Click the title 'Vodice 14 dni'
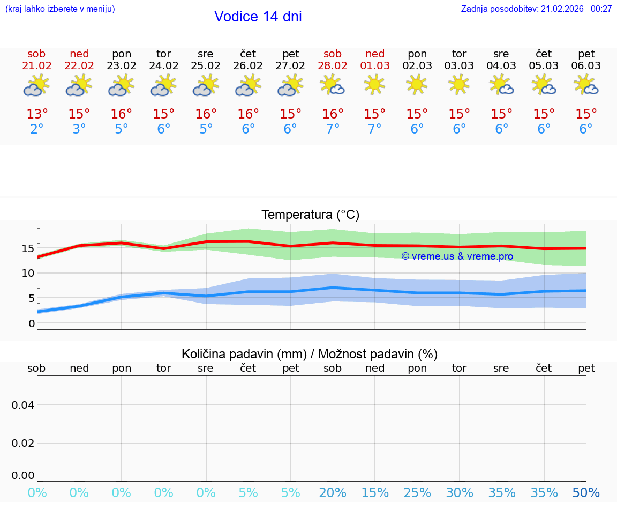pyautogui.click(x=258, y=17)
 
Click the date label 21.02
pyautogui.click(x=37, y=66)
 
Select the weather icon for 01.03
pyautogui.click(x=375, y=85)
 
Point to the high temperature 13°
pyautogui.click(x=37, y=114)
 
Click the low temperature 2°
pyautogui.click(x=37, y=129)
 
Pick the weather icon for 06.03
pyautogui.click(x=586, y=85)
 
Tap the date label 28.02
pyautogui.click(x=333, y=66)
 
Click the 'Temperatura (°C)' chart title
pyautogui.click(x=310, y=215)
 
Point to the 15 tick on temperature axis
pyautogui.click(x=28, y=248)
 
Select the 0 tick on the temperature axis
pyautogui.click(x=31, y=323)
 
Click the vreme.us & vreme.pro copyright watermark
pyautogui.click(x=457, y=256)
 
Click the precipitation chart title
pyautogui.click(x=310, y=354)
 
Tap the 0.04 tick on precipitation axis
pyautogui.click(x=23, y=405)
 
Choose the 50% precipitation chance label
pyautogui.click(x=586, y=493)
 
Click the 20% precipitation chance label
pyautogui.click(x=333, y=493)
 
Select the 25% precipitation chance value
pyautogui.click(x=417, y=493)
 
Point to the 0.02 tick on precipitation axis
pyautogui.click(x=23, y=443)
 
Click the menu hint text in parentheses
pyautogui.click(x=60, y=9)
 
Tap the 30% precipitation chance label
pyautogui.click(x=460, y=493)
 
